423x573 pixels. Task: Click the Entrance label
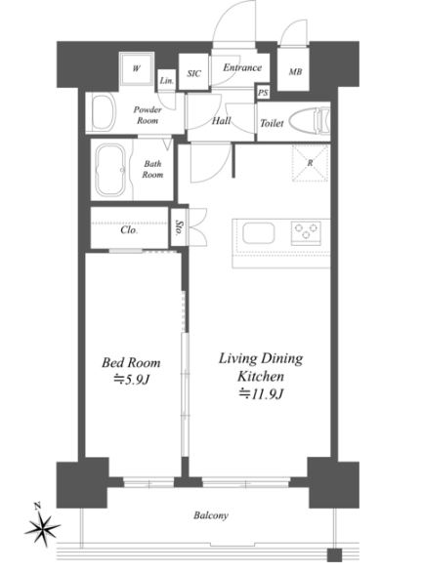tap(242, 67)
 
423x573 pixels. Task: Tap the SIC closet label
tap(193, 73)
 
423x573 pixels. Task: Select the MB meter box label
tap(295, 72)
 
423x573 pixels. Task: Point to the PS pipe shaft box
tap(263, 93)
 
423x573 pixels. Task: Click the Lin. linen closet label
tap(167, 81)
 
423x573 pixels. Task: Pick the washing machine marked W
tap(137, 69)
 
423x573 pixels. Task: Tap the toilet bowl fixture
tap(309, 120)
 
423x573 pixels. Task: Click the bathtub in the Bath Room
tap(110, 170)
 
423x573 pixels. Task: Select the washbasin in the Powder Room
tap(104, 111)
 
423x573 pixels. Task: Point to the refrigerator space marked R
tap(310, 163)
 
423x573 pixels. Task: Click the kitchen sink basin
tap(258, 232)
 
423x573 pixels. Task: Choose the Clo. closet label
tap(129, 230)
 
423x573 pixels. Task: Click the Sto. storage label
tap(179, 227)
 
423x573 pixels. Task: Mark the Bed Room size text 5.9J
tap(132, 380)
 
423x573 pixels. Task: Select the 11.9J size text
tap(261, 394)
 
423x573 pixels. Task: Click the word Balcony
tap(211, 515)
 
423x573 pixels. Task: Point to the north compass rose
tap(42, 527)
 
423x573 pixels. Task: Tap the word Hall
tap(221, 121)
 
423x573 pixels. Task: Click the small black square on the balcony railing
tap(334, 555)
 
